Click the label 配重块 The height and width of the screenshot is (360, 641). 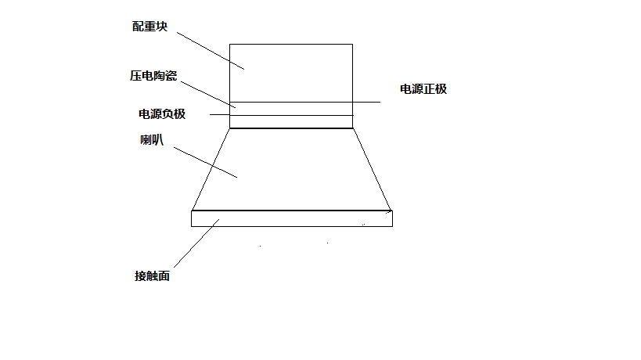tap(149, 27)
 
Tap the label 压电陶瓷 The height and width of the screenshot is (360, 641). tap(153, 76)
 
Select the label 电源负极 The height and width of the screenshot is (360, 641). tap(162, 114)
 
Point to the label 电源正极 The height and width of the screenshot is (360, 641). tap(423, 89)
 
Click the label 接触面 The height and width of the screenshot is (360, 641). tap(152, 276)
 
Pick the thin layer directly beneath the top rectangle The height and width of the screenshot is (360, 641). tap(291, 109)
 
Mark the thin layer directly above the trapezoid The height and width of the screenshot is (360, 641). tap(291, 122)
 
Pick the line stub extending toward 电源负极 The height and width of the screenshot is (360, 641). tap(219, 116)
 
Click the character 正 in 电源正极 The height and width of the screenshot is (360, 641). tap(429, 89)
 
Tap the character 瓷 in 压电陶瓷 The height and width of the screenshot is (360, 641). tap(171, 76)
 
